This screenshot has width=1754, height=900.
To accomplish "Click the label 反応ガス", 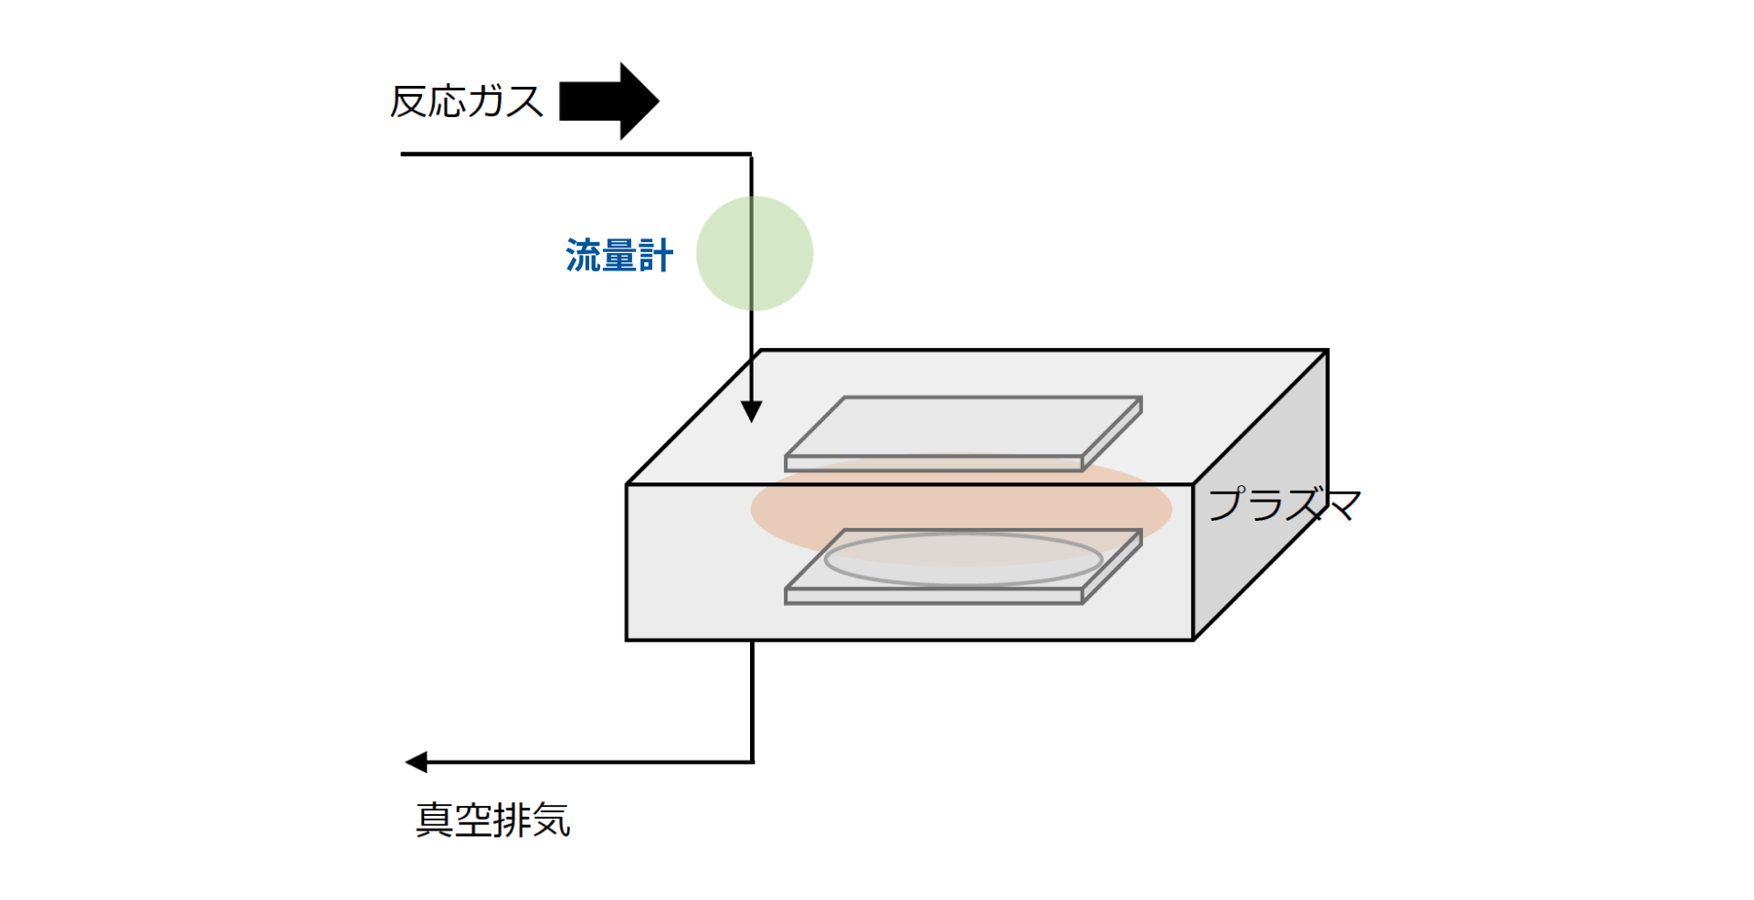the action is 467,101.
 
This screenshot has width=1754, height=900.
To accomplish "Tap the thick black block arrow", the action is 608,101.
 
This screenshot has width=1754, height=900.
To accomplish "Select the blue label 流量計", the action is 619,255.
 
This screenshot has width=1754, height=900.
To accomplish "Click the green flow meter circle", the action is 755,253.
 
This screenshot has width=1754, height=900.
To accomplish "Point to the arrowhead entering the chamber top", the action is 752,411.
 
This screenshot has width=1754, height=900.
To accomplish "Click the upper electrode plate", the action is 964,433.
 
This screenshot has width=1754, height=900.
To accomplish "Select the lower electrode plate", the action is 964,566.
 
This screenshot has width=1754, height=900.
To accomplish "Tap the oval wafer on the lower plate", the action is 964,559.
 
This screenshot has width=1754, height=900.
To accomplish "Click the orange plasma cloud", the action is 961,510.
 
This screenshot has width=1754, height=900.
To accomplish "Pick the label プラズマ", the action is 1284,503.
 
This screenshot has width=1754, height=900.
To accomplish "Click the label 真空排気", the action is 493,820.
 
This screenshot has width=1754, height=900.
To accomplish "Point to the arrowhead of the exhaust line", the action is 417,762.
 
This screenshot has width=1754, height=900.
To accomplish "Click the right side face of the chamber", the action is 1261,494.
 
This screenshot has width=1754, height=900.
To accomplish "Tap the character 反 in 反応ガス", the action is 409,101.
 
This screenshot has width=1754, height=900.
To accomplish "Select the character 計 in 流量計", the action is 656,256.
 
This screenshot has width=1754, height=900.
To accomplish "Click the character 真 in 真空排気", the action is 435,820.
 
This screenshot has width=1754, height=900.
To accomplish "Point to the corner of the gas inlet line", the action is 752,154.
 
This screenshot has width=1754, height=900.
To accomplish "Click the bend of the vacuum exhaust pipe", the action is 752,762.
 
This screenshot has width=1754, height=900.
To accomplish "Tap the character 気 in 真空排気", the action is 552,820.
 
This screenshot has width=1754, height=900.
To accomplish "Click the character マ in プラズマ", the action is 1342,504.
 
